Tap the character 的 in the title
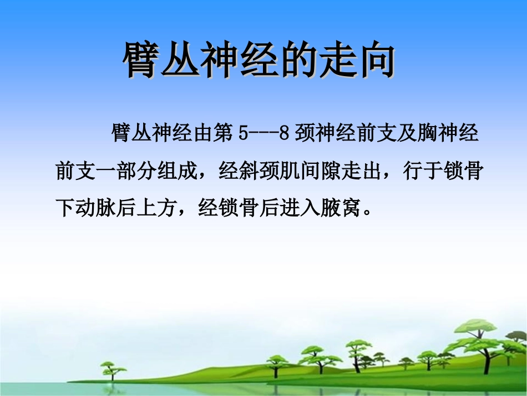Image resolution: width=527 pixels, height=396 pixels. tap(298, 59)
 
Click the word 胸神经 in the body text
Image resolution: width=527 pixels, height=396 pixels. tap(448, 134)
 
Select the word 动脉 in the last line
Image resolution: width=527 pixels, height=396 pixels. tap(95, 208)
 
